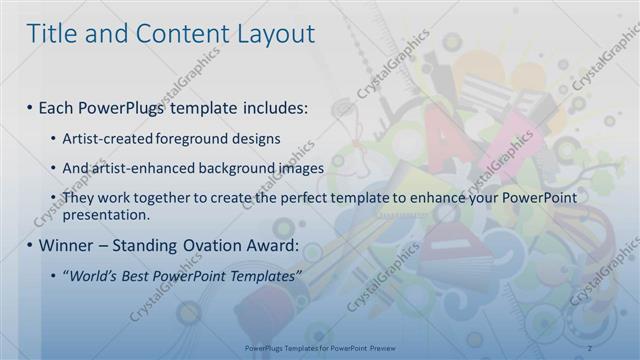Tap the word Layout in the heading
273,33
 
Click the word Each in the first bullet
58,106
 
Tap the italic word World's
91,276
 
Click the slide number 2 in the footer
590,348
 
